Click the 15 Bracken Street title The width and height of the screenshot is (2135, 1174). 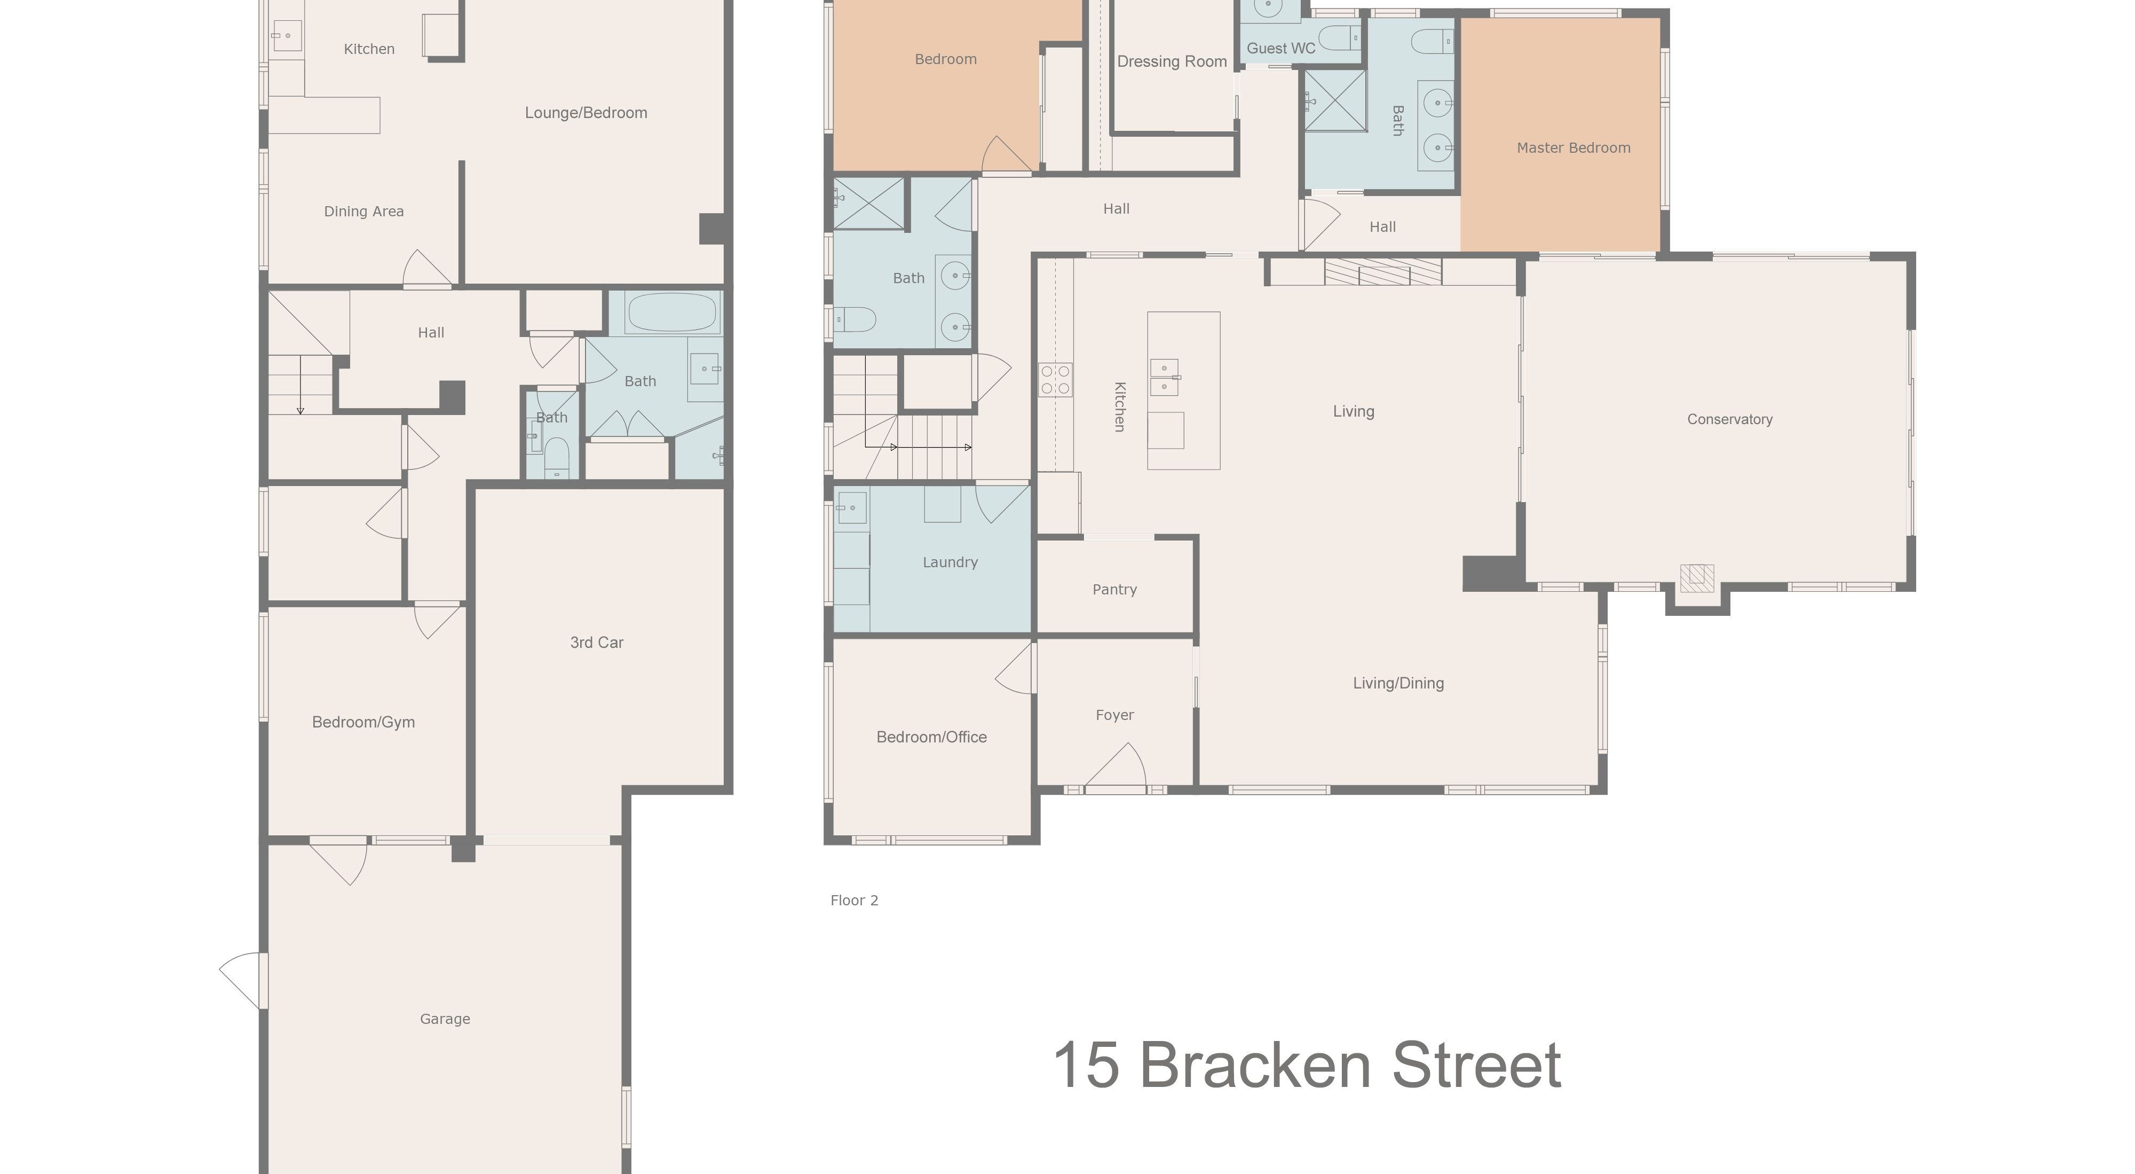1307,1066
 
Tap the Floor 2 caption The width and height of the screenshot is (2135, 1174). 855,901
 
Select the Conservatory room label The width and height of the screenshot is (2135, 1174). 1730,419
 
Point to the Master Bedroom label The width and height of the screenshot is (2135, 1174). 1573,147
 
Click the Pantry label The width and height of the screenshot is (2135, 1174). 1114,590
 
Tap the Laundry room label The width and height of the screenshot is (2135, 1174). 950,562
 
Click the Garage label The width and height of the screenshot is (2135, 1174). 445,1019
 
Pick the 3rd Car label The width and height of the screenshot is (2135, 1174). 597,643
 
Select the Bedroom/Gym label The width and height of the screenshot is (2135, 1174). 363,722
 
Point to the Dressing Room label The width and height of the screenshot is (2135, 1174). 1172,61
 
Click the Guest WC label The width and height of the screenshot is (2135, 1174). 1280,48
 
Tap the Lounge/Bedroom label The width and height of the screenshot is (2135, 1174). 586,113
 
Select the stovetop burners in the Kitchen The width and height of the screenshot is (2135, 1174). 1055,380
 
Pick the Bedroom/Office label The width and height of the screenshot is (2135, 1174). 931,737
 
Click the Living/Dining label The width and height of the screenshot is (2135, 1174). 1398,683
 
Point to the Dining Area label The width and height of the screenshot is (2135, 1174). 364,212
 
